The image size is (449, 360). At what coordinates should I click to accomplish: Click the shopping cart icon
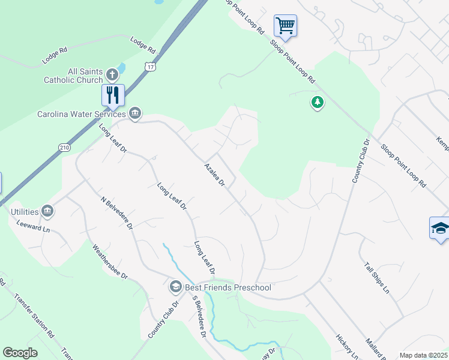pos(285,26)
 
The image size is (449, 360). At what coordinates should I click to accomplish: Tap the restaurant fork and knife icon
pos(112,95)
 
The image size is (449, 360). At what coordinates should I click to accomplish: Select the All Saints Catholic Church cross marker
pos(112,75)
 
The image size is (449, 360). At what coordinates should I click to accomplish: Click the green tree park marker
pos(317,103)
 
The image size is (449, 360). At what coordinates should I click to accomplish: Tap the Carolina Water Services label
pos(81,114)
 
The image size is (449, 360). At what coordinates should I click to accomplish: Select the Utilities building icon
pos(47,211)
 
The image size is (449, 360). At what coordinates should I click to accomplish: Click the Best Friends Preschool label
pos(228,287)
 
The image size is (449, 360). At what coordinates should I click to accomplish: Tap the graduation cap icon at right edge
pos(439,229)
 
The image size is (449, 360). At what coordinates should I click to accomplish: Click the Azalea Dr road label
pos(214,174)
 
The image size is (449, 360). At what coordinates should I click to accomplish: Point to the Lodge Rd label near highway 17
pos(143,43)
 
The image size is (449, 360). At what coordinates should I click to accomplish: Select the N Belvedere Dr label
pos(116,214)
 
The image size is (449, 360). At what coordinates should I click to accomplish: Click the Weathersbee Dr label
pos(110,261)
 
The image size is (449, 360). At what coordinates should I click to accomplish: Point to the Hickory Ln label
pos(347,347)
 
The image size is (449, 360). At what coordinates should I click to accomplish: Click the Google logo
pos(20,353)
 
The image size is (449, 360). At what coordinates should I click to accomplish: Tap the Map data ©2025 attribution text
pos(423,355)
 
